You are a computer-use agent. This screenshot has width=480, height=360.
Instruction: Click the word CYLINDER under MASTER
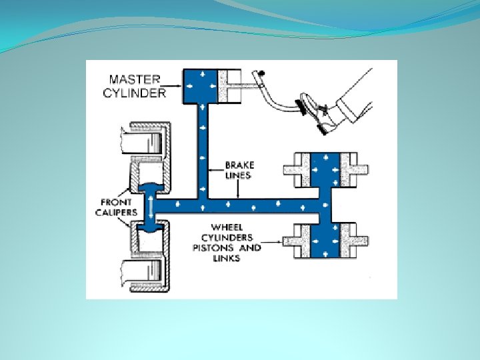[x=134, y=93]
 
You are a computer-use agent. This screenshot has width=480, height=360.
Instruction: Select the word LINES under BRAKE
[x=239, y=175]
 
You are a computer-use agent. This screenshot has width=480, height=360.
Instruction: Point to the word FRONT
[x=116, y=202]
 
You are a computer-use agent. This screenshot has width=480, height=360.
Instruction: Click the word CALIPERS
[x=119, y=213]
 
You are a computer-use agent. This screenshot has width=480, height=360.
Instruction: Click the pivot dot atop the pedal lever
[x=262, y=71]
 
